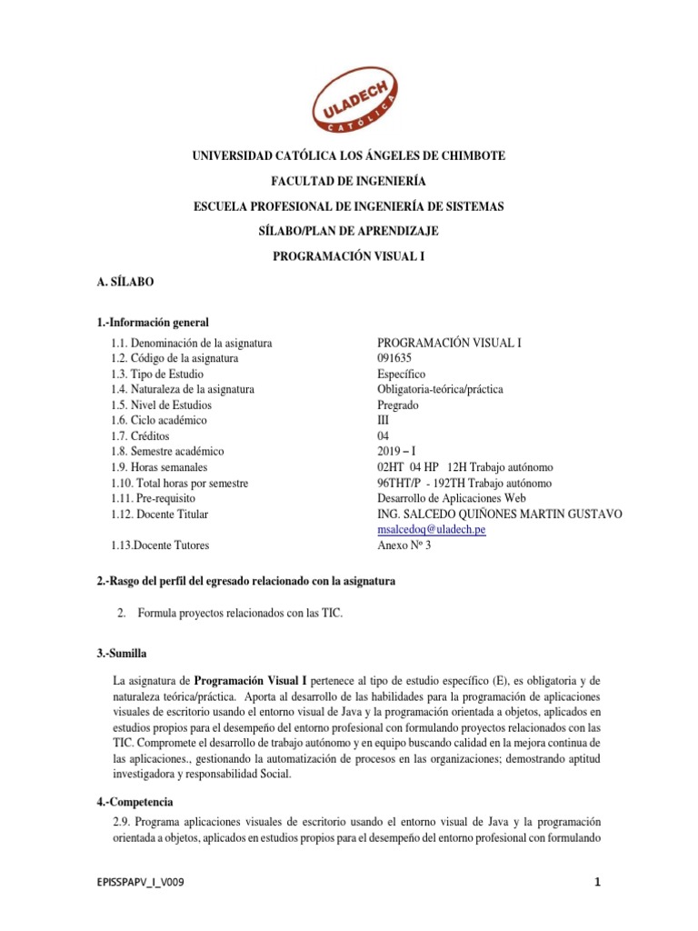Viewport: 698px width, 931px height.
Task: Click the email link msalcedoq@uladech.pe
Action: tap(431, 530)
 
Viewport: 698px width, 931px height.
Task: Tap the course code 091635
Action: tap(394, 358)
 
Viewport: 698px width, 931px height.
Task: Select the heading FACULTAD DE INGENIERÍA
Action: tap(348, 182)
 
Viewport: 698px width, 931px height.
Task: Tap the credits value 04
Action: tap(384, 436)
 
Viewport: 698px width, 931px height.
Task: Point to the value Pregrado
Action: tap(398, 405)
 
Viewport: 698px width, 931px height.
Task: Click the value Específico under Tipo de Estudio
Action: tap(401, 374)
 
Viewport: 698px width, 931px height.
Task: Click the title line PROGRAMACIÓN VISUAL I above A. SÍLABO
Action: tap(348, 257)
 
